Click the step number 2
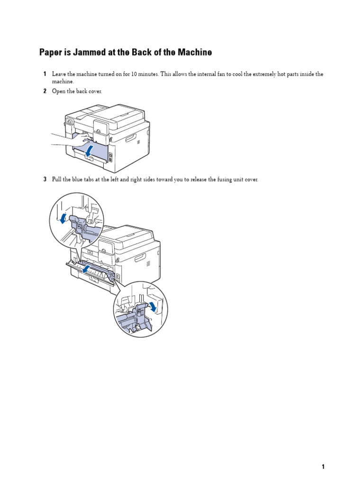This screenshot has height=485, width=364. click(45, 91)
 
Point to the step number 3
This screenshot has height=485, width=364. click(45, 180)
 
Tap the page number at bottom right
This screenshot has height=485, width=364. click(323, 467)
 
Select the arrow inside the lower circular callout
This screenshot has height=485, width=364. click(153, 306)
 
